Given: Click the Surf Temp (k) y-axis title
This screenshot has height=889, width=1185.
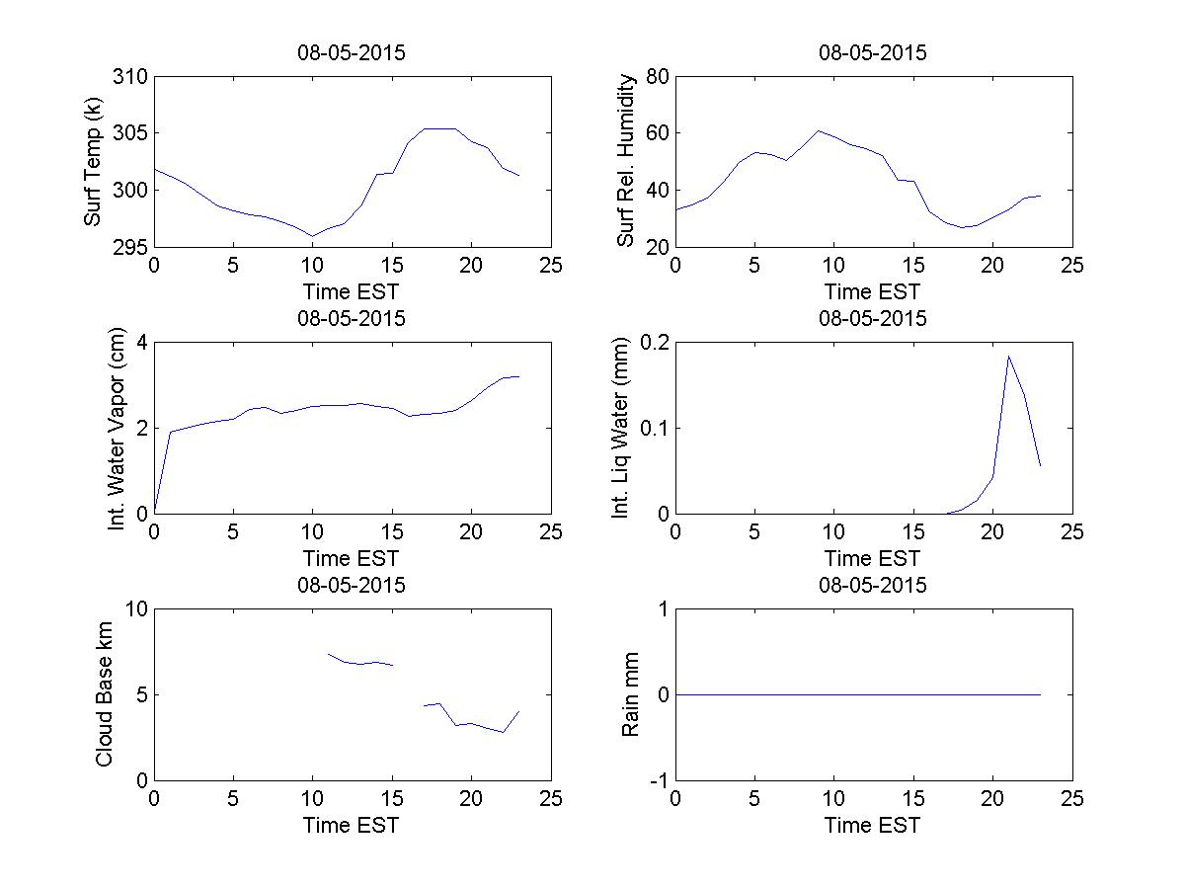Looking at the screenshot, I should [x=94, y=161].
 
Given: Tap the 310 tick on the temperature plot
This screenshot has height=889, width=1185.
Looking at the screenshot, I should [x=130, y=77].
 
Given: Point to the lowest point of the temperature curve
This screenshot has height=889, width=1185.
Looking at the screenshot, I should [x=312, y=236].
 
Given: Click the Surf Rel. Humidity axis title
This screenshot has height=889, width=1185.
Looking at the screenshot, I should [x=625, y=161].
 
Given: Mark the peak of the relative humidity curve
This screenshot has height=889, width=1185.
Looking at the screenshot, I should [x=818, y=130].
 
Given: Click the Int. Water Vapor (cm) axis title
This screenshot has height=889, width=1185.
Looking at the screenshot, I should [x=118, y=428].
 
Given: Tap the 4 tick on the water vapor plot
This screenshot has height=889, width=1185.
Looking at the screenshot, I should [x=140, y=343].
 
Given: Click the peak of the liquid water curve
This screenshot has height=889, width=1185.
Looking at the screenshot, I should [x=1008, y=357].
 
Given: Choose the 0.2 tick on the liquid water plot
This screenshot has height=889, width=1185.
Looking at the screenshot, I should [x=650, y=343].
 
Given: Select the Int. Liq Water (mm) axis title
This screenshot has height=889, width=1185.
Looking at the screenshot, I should [x=620, y=428].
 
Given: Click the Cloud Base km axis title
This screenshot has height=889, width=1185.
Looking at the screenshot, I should [x=104, y=694].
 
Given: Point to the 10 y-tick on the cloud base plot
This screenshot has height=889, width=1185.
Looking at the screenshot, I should [x=135, y=609].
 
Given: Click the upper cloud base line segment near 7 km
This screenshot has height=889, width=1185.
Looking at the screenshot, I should [x=359, y=662].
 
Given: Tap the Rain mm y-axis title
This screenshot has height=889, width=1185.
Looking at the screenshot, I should [x=630, y=694].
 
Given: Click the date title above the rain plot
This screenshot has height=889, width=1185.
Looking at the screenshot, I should [x=873, y=585].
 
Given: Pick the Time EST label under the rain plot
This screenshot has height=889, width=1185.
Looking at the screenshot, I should [x=873, y=825].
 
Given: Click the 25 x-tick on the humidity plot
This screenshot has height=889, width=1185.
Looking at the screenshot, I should [x=1071, y=267].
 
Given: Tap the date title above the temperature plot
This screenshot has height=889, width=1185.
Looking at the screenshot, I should [x=352, y=52].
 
